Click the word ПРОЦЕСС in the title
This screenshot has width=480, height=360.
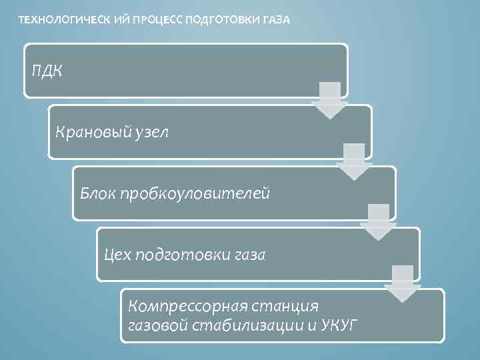pyautogui.click(x=161, y=19)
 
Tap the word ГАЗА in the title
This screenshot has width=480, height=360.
pyautogui.click(x=274, y=19)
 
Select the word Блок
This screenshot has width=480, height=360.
pyautogui.click(x=97, y=193)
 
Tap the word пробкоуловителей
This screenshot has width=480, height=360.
pyautogui.click(x=195, y=193)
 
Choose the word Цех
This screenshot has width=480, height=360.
pyautogui.click(x=117, y=255)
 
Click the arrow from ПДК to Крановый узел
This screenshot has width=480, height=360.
pyautogui.click(x=330, y=100)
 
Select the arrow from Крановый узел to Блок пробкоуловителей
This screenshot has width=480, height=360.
pyautogui.click(x=354, y=161)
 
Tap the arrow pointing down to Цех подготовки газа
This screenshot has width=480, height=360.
pyautogui.click(x=378, y=223)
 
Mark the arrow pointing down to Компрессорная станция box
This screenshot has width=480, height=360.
pyautogui.click(x=402, y=284)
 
